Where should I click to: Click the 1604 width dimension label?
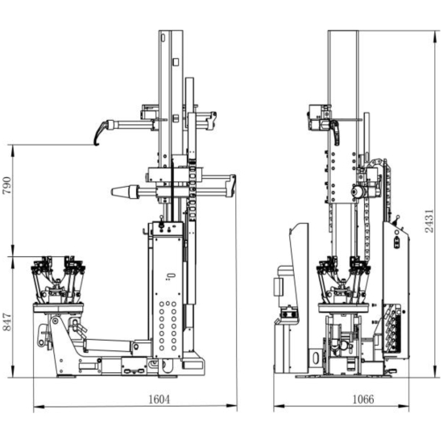point(159,400)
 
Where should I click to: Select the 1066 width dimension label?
point(363,400)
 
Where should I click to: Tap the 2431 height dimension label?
point(429,221)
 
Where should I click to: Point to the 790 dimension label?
point(6,185)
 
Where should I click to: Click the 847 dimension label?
point(6,322)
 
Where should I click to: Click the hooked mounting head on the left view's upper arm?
point(101,131)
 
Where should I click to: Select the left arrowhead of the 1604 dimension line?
point(39,407)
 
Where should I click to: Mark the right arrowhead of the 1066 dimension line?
point(404,406)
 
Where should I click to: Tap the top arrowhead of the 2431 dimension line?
point(436,36)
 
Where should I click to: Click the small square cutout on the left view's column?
point(176,62)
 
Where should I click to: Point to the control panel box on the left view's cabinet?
point(168,228)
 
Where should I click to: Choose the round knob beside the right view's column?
point(357,193)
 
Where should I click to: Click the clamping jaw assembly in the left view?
point(58,279)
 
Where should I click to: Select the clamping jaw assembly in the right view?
point(343,279)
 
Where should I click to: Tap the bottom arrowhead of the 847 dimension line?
point(13,371)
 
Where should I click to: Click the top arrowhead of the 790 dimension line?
point(13,151)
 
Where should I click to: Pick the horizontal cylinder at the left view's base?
point(108,346)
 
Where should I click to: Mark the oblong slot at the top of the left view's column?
point(163,37)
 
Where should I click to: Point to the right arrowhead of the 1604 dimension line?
point(232,406)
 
